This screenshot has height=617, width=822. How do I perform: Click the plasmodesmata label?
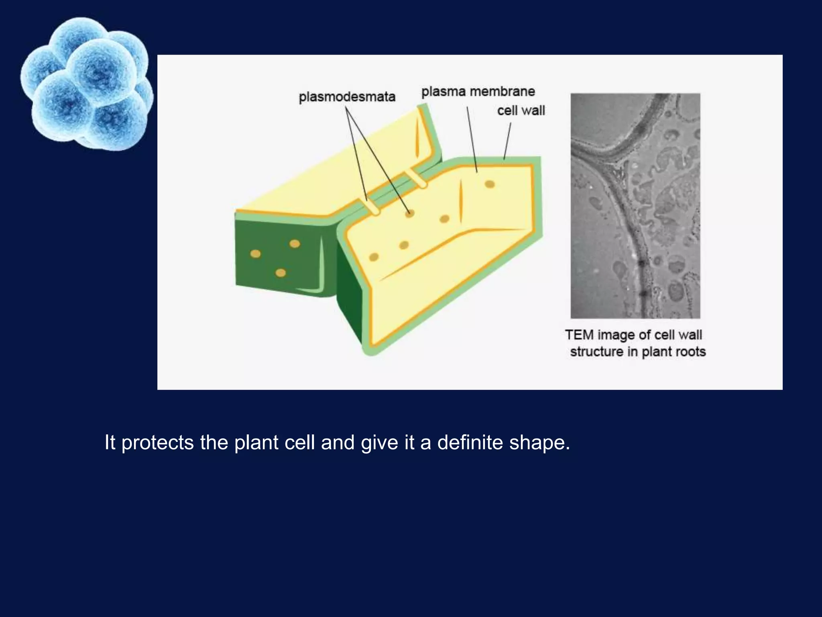347,97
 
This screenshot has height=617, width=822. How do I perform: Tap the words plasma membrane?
478,92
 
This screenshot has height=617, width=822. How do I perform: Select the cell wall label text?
521,110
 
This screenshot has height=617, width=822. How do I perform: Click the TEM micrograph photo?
635,206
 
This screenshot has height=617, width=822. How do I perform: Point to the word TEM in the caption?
579,335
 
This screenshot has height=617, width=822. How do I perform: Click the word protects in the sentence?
157,443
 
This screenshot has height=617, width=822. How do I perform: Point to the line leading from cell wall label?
507,141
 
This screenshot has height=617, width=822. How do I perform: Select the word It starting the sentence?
110,443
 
